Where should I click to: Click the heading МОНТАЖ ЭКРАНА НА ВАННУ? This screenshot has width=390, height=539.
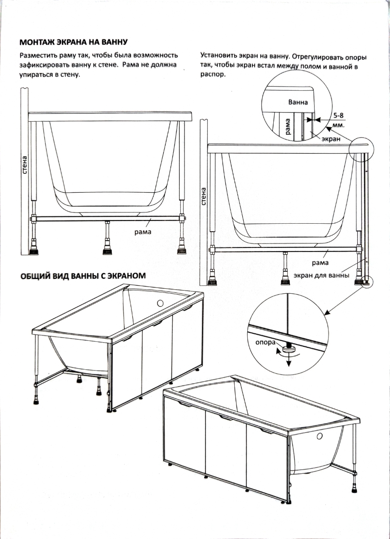74,43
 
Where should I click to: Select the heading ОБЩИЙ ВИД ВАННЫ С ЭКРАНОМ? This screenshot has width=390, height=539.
83,275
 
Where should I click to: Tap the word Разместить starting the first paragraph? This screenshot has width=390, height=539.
38,56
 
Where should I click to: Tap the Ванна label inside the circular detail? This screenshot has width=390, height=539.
298,102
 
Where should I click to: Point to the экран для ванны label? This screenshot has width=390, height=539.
321,275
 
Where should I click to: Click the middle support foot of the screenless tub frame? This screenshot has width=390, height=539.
107,248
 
